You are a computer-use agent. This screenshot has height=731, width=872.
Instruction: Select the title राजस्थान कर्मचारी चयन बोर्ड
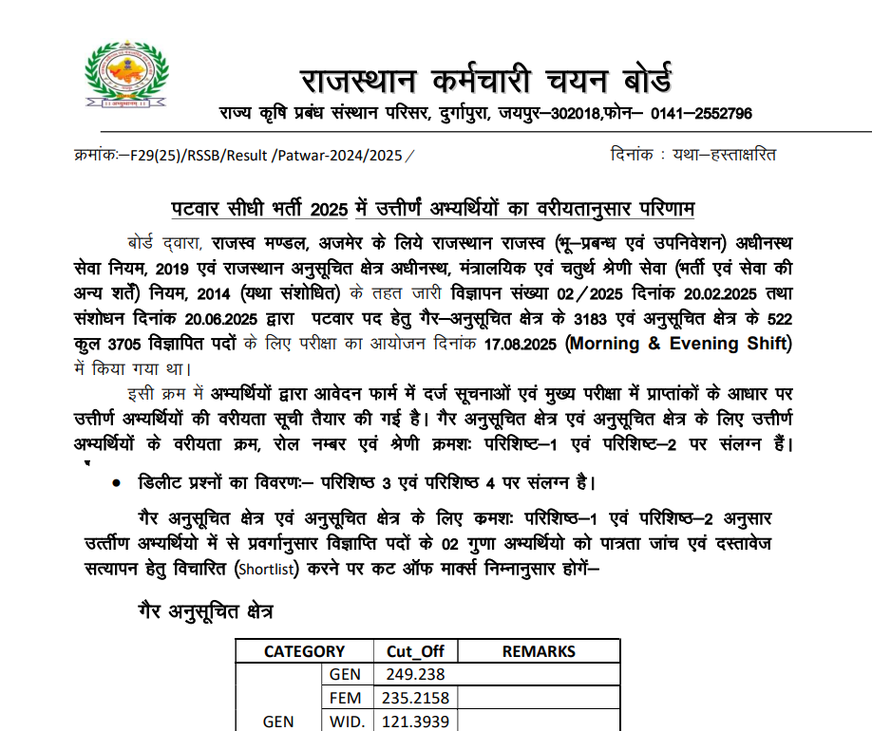[485, 76]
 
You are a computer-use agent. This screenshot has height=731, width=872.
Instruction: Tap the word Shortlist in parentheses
[267, 570]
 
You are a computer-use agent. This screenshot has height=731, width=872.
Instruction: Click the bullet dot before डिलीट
[116, 483]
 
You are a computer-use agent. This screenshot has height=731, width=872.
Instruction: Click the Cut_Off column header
[415, 651]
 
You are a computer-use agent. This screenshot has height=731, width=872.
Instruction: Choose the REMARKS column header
[539, 651]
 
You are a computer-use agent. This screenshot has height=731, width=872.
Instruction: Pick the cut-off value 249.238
[415, 675]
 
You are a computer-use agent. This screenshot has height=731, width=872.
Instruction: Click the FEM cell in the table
[346, 699]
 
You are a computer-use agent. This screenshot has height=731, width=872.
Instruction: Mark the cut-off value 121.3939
[415, 722]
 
